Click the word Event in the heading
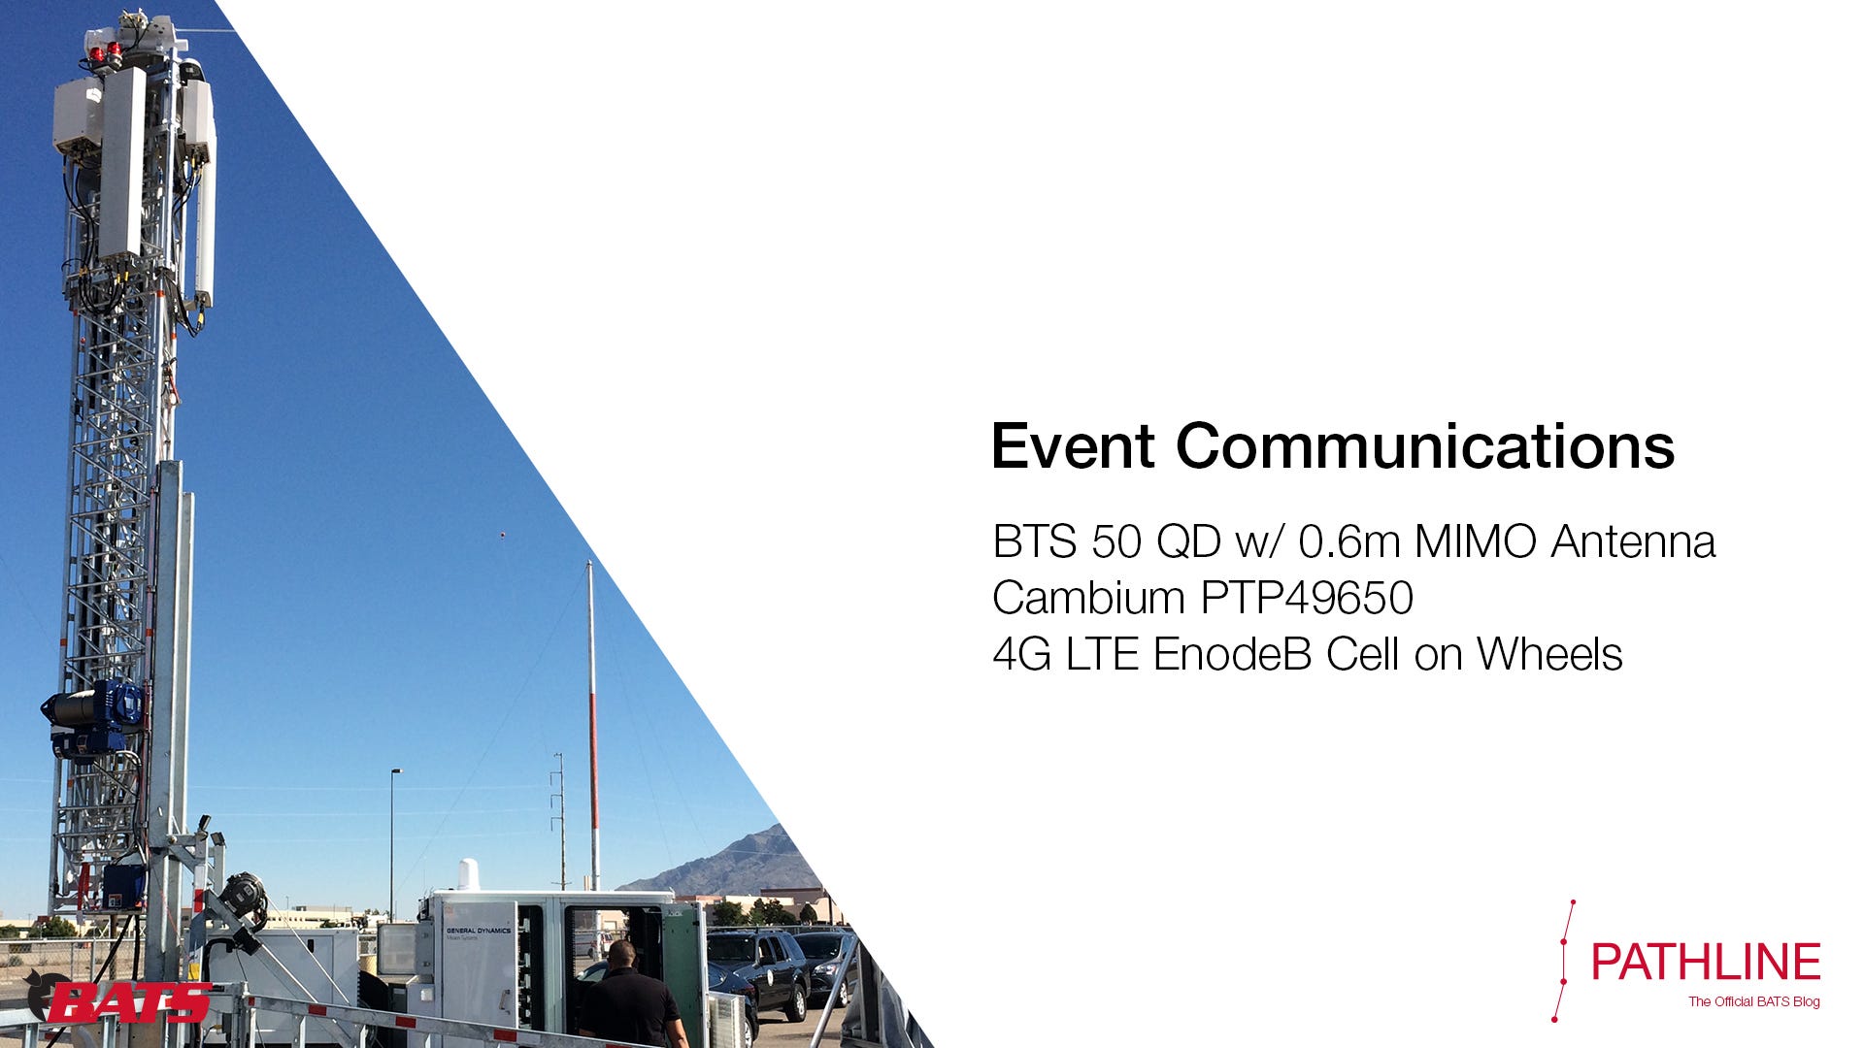tap(1073, 446)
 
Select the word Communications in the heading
tap(1425, 446)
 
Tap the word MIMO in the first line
tap(1475, 541)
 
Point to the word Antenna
tap(1633, 541)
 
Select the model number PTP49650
tap(1307, 598)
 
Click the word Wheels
tap(1549, 654)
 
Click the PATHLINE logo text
tap(1706, 962)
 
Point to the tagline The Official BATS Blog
tap(1753, 1001)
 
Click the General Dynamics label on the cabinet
tap(478, 932)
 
